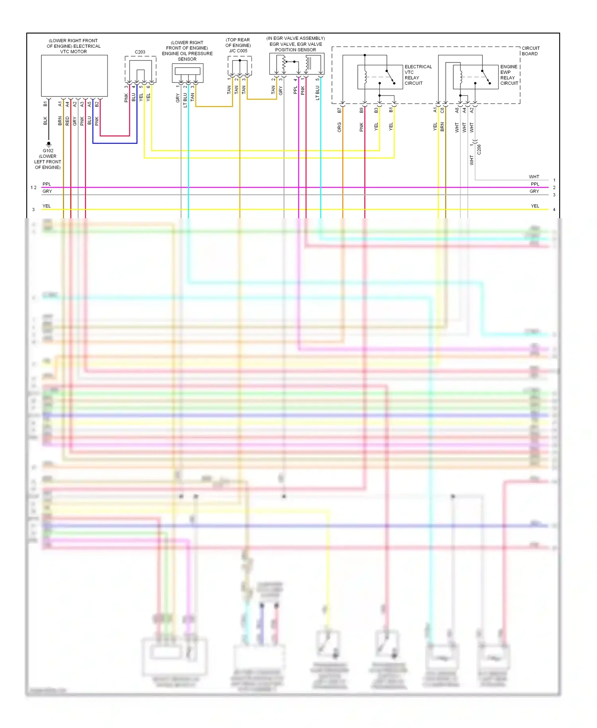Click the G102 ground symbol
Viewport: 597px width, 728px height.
point(49,144)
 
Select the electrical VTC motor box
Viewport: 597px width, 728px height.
point(74,76)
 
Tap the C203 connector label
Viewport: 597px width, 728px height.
point(140,52)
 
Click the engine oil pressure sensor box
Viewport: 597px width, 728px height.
point(187,73)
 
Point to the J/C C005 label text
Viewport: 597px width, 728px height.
point(238,51)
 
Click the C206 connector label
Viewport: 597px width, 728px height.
point(479,149)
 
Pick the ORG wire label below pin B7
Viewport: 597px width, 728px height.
point(339,127)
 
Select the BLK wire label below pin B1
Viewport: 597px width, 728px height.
point(45,121)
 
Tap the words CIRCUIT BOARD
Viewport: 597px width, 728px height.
point(530,51)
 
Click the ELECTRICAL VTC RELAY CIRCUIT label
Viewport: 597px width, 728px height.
point(418,75)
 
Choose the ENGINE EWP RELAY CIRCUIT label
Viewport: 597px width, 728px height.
point(509,75)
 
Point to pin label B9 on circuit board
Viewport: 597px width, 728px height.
point(361,110)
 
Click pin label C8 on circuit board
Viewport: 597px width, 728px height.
point(442,110)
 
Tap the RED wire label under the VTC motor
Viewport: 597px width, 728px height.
point(67,121)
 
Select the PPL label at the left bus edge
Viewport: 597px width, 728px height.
point(47,184)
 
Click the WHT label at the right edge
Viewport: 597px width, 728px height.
point(534,177)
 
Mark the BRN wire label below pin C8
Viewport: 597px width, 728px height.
point(442,127)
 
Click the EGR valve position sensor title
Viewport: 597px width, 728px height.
point(296,44)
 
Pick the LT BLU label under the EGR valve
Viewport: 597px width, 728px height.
point(317,93)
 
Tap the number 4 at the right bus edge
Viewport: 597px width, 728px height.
point(554,209)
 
